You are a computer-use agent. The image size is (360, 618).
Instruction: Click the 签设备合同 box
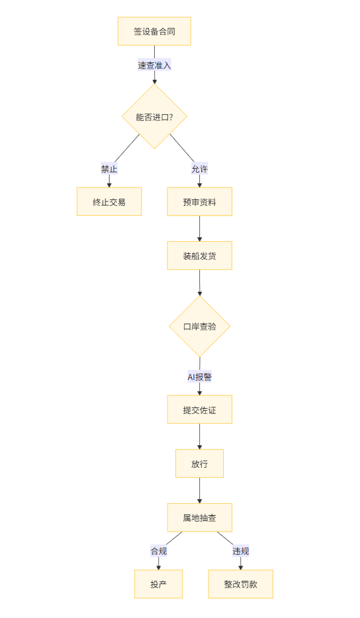click(x=154, y=31)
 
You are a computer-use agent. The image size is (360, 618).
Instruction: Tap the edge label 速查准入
click(x=154, y=65)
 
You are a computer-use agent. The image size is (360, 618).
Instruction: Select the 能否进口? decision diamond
click(x=154, y=117)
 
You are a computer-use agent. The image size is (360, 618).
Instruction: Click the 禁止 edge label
click(x=109, y=169)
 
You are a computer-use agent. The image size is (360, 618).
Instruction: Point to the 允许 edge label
click(x=200, y=169)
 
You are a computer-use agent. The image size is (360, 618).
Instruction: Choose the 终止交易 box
click(x=109, y=202)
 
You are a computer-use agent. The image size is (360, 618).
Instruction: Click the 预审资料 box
click(x=200, y=202)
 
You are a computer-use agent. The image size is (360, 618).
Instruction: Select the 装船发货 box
click(x=200, y=256)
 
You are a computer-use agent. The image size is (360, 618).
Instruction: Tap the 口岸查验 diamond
click(x=200, y=326)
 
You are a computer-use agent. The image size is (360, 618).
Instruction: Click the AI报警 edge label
click(x=200, y=377)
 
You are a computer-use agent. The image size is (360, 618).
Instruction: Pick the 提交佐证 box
click(x=200, y=410)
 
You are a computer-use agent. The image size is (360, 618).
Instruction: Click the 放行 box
click(x=200, y=464)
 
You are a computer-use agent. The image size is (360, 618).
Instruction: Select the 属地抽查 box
click(x=200, y=518)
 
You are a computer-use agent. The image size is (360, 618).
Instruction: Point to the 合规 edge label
click(x=159, y=551)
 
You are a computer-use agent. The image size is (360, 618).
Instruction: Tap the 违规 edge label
click(x=240, y=551)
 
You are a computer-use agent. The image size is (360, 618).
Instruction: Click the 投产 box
click(x=158, y=584)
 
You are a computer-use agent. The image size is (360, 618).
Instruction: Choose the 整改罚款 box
click(x=240, y=584)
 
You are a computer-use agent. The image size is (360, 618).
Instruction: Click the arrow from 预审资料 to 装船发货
click(x=200, y=229)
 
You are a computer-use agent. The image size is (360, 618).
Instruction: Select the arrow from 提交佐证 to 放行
click(x=200, y=437)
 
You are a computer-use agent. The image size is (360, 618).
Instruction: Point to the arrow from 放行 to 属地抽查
click(x=200, y=490)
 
